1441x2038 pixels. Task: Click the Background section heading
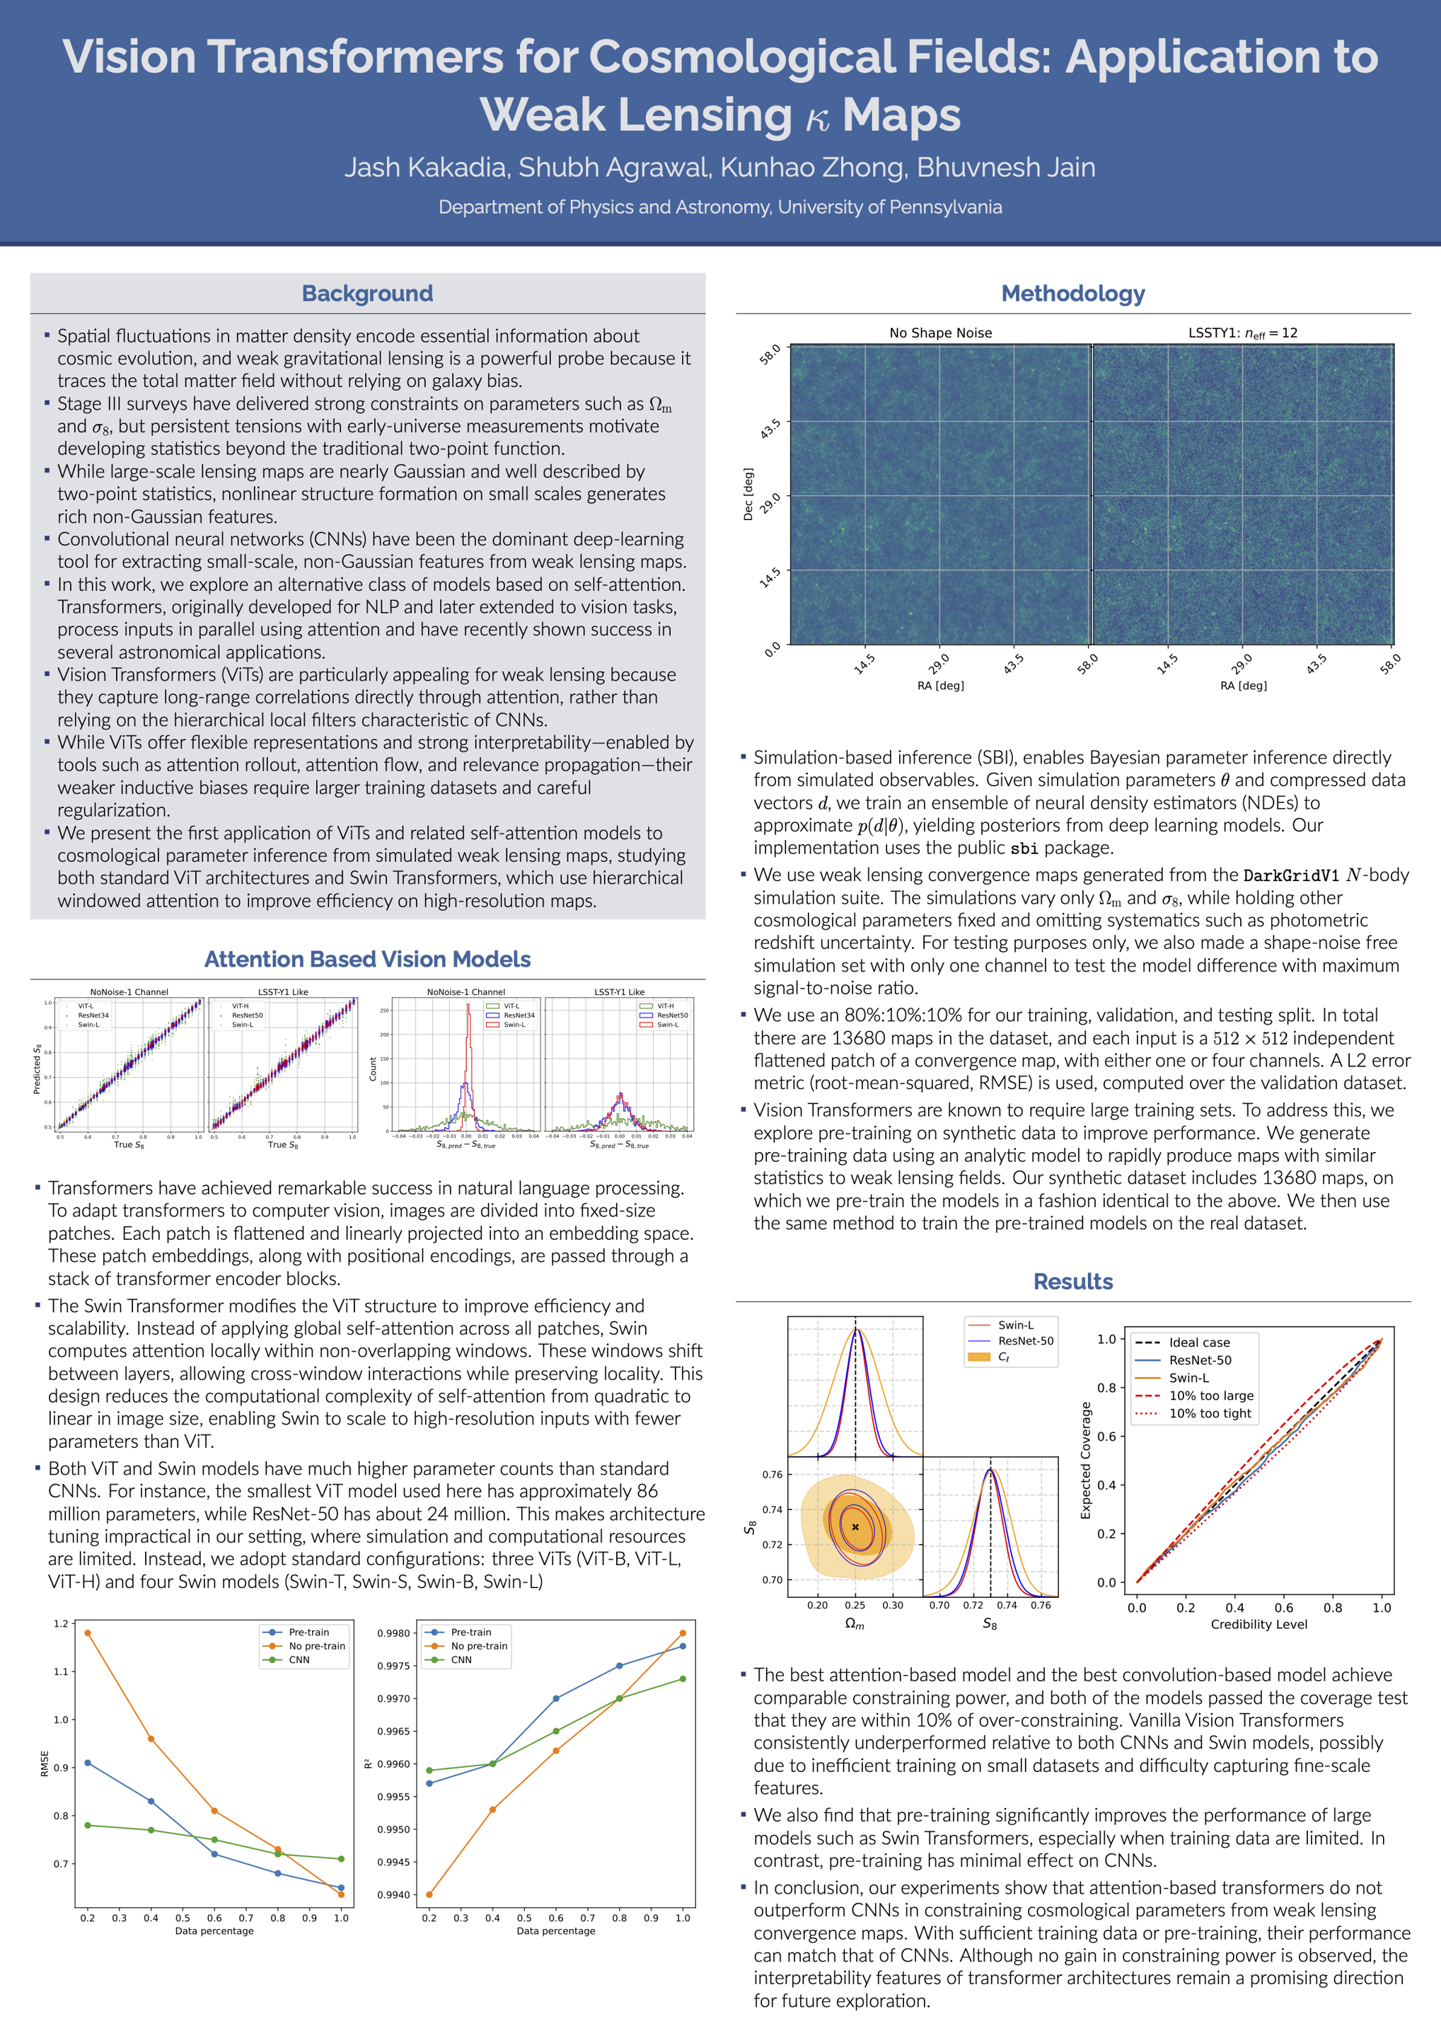point(367,294)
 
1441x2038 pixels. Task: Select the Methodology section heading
point(1072,294)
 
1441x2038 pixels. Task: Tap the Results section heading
point(1072,1282)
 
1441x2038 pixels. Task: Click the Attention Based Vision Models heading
point(367,960)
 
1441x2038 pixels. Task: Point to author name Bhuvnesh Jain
point(1005,168)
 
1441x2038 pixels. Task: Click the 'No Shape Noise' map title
point(941,333)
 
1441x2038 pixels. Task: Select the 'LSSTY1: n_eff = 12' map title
point(1242,333)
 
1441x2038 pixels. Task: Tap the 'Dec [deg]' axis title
point(748,495)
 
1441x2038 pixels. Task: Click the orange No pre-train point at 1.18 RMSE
point(87,1633)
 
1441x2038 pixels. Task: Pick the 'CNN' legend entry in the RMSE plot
point(299,1660)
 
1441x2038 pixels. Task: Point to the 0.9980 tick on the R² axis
point(394,1633)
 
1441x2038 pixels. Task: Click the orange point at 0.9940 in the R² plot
point(429,1894)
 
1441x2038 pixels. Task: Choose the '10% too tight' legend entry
point(1210,1414)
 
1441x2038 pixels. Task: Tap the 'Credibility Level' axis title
point(1258,1624)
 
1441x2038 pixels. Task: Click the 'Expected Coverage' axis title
point(1085,1460)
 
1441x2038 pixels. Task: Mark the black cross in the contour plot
point(855,1526)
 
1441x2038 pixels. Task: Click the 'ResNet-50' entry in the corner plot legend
point(1025,1341)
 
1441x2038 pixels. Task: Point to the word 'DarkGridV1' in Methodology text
point(1291,876)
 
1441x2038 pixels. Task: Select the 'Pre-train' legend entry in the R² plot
point(470,1633)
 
